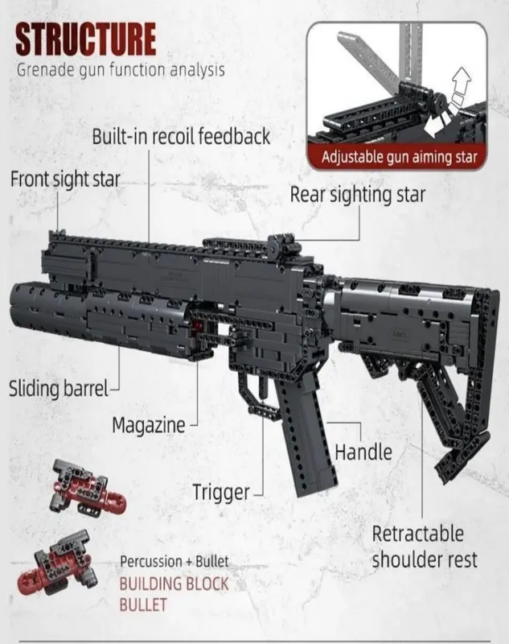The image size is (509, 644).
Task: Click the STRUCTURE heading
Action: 86,39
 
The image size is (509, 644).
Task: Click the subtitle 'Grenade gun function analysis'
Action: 121,70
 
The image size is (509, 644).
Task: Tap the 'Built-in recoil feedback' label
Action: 181,136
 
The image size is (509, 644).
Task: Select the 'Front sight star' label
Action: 65,180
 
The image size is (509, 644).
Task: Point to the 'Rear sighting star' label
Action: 358,195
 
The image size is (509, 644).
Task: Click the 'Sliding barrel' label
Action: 58,388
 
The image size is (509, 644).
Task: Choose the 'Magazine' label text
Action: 149,426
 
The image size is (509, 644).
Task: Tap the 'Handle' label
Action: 363,452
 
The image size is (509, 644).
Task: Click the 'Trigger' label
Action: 220,493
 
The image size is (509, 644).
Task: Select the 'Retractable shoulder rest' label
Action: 425,547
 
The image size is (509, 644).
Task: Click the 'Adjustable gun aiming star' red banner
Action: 397,157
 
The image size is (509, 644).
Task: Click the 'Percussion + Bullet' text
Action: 174,561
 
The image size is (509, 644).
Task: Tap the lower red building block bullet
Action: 56,563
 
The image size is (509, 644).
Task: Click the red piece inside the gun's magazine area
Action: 199,327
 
